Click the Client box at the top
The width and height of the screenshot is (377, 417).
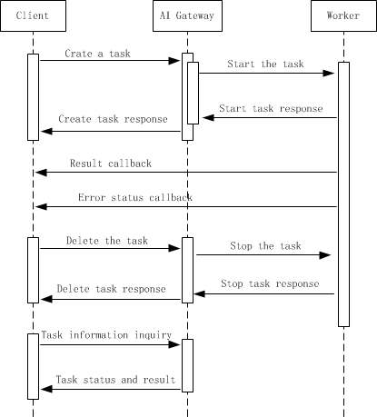pos(33,15)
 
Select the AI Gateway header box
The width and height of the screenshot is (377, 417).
pos(187,15)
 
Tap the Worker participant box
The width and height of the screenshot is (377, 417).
pos(343,15)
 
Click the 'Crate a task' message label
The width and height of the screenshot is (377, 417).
pos(97,54)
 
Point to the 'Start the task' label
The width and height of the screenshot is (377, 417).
pos(265,64)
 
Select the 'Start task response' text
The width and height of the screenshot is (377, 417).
pos(271,108)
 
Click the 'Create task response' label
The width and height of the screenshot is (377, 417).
pos(113,119)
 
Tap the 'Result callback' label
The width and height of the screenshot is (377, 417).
pos(111,164)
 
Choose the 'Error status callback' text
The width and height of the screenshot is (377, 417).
pos(135,197)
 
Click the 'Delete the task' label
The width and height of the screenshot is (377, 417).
pos(107,241)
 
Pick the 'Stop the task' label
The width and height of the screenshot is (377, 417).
pos(265,246)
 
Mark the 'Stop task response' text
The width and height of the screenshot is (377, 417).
pos(270,283)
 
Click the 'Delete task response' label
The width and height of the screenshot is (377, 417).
pos(111,289)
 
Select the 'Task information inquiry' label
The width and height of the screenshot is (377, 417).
pos(106,335)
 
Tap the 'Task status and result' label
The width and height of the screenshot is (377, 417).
pos(115,380)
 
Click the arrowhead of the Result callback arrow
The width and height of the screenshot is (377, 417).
pos(41,173)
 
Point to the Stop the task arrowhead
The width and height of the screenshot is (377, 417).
pos(325,255)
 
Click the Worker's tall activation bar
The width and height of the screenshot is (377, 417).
pos(343,194)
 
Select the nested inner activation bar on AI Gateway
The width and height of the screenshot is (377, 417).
pos(193,93)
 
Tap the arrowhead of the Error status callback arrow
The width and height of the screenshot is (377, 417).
pos(41,207)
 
